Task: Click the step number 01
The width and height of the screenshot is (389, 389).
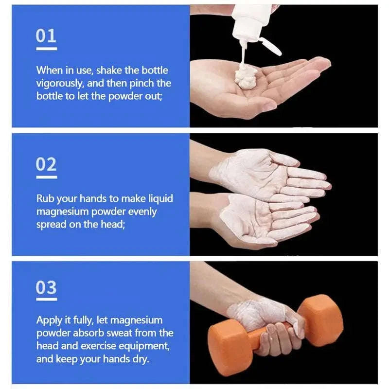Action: (46, 36)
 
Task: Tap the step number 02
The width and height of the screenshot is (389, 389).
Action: (46, 165)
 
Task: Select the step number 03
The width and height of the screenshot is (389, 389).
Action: (46, 288)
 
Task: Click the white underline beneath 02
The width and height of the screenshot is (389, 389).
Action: (46, 177)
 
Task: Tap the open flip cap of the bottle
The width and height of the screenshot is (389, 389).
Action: (270, 46)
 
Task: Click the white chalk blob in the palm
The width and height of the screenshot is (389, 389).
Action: (246, 76)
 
